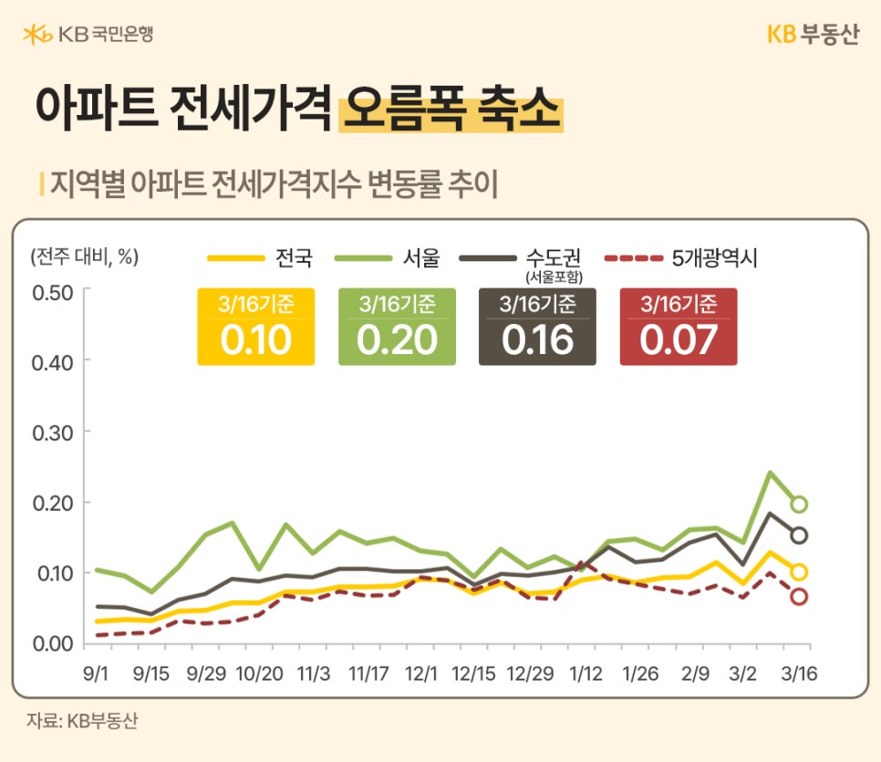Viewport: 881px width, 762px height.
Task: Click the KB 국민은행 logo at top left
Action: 88,36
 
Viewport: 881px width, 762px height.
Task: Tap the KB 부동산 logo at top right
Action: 813,35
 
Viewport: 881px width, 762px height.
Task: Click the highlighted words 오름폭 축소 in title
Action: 451,110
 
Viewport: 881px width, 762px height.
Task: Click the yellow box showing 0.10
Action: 256,327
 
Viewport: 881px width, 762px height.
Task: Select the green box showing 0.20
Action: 397,327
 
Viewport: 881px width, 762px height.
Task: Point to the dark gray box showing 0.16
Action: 537,327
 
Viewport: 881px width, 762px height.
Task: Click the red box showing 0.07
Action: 679,327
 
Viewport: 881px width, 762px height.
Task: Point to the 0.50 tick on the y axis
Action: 51,292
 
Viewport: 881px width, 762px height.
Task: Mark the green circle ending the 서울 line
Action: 799,504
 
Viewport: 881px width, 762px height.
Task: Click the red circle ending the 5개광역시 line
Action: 799,596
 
